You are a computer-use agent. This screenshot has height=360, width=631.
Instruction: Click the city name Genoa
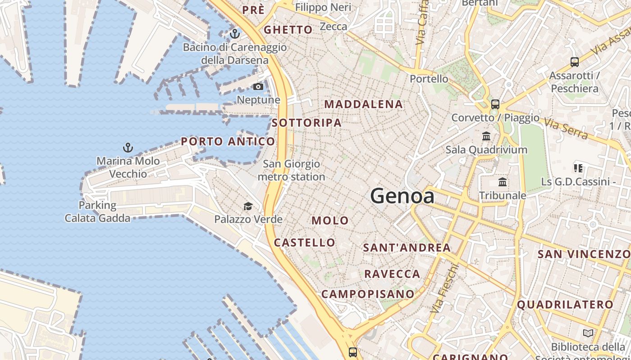[402, 196]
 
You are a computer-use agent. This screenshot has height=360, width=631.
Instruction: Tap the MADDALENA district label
[363, 104]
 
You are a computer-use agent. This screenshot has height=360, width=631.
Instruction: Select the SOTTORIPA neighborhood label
[306, 123]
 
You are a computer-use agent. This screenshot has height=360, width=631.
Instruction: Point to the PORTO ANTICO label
[228, 141]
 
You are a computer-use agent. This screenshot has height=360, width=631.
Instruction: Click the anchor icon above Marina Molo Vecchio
[128, 147]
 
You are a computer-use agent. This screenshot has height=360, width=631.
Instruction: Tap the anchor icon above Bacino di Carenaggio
[234, 34]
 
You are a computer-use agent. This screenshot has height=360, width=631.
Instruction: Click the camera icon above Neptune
[258, 86]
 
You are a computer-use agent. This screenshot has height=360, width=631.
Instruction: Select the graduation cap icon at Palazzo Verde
[248, 207]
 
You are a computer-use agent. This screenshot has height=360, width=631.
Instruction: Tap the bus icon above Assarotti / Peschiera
[574, 62]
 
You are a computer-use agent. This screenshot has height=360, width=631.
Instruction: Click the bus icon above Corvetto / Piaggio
[495, 104]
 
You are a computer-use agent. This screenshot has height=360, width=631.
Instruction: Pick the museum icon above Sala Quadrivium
[486, 136]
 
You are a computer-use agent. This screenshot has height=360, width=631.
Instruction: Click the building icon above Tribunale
[503, 182]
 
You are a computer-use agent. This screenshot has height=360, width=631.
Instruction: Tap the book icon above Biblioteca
[588, 333]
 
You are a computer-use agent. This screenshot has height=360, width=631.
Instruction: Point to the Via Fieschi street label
[444, 289]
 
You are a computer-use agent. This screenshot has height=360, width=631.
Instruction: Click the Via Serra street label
[566, 128]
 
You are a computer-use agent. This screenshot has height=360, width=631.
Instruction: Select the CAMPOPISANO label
[367, 294]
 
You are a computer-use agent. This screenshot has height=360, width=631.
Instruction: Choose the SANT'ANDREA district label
[407, 248]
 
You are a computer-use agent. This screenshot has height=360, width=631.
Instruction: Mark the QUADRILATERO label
[565, 305]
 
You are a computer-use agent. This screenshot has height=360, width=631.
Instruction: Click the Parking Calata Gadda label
[97, 212]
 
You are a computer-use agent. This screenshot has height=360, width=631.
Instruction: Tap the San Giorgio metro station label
[291, 171]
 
